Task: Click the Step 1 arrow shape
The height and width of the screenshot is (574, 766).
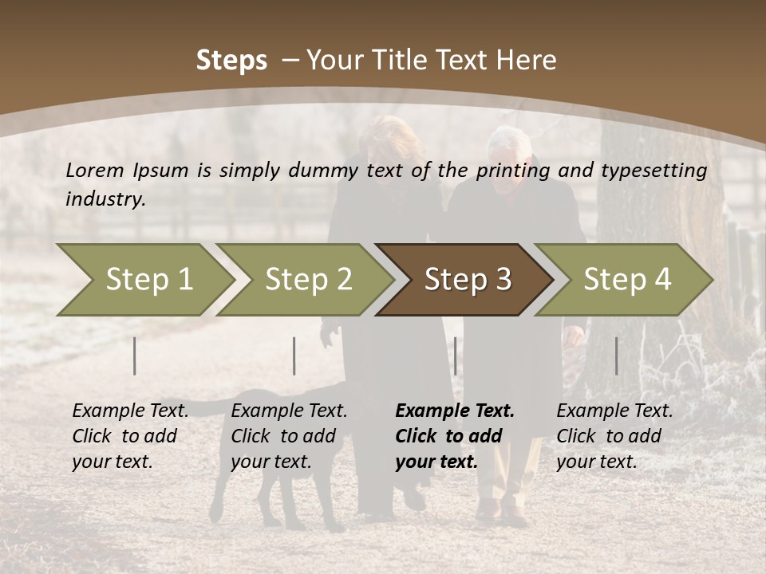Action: [144, 280]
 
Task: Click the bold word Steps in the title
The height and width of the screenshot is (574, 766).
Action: [231, 61]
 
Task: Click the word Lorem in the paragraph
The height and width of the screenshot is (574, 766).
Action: [94, 170]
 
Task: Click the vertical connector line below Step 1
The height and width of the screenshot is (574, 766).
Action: [135, 356]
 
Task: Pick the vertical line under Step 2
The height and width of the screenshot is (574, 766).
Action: [294, 356]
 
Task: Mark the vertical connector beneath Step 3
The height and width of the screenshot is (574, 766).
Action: [455, 356]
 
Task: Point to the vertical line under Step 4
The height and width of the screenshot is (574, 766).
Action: [616, 356]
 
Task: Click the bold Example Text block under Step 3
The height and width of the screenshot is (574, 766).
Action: [455, 436]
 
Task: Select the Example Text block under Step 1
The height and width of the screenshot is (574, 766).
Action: [130, 436]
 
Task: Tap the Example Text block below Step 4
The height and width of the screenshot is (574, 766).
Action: [614, 436]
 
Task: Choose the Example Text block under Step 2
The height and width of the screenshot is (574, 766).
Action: [289, 436]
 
